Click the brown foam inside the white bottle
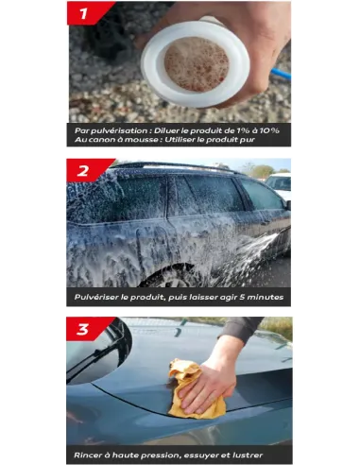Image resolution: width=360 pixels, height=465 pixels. [x=197, y=64]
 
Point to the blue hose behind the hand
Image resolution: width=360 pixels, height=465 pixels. [x=281, y=74]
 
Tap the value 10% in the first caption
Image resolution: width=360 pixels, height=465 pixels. [x=269, y=130]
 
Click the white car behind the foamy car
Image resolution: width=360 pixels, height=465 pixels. [x=279, y=184]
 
